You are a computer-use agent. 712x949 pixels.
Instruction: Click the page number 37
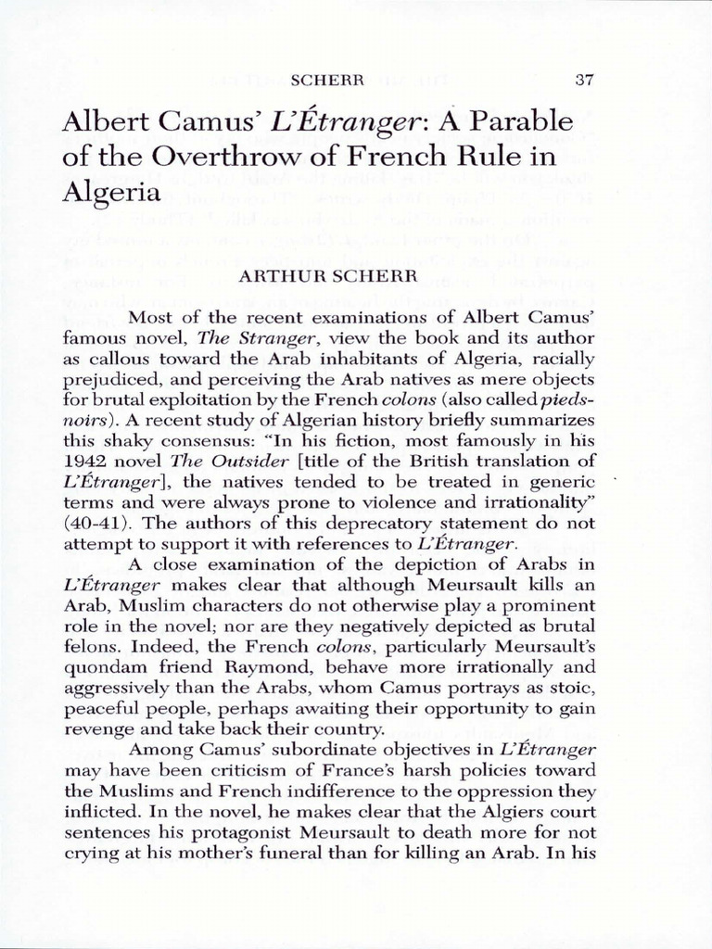[x=583, y=80]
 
